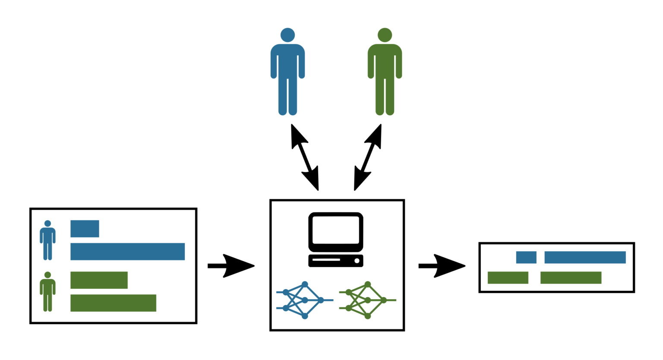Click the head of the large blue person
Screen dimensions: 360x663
[287, 35]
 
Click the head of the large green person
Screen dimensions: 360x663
[385, 35]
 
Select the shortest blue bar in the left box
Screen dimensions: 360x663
[85, 229]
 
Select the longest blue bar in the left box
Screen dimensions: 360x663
[127, 252]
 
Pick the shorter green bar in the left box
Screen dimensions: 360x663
[99, 280]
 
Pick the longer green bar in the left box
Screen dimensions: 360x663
[113, 303]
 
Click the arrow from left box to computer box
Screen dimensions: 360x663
[231, 266]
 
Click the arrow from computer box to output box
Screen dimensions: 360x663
[442, 266]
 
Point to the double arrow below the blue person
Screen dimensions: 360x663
[305, 158]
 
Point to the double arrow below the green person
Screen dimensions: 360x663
[368, 158]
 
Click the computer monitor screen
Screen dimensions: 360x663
[336, 230]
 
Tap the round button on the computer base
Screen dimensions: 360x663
[357, 261]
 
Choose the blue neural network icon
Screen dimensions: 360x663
[304, 300]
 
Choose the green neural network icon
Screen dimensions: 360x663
[367, 300]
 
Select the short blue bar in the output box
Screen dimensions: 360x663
[526, 257]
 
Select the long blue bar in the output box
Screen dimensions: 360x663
[585, 257]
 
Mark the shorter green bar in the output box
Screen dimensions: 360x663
[508, 278]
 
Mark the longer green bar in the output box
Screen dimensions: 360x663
[571, 278]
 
